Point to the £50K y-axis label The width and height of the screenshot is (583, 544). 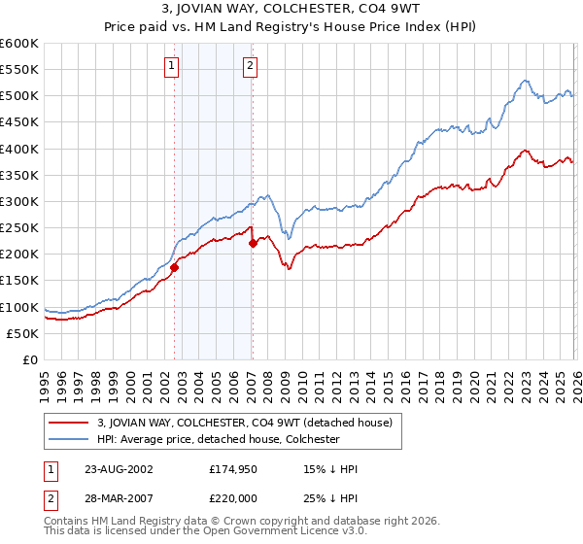(x=21, y=333)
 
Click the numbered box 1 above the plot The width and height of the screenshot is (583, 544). (x=172, y=66)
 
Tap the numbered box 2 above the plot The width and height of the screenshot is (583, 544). (x=250, y=66)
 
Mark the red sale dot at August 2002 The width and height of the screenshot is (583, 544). (x=175, y=267)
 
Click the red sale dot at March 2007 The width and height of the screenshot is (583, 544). (x=253, y=244)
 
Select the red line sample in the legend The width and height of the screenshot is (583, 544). (x=69, y=423)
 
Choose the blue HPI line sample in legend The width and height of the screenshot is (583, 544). (x=69, y=439)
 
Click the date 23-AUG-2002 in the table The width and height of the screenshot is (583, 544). (x=119, y=468)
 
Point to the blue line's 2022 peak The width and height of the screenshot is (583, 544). (x=525, y=81)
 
